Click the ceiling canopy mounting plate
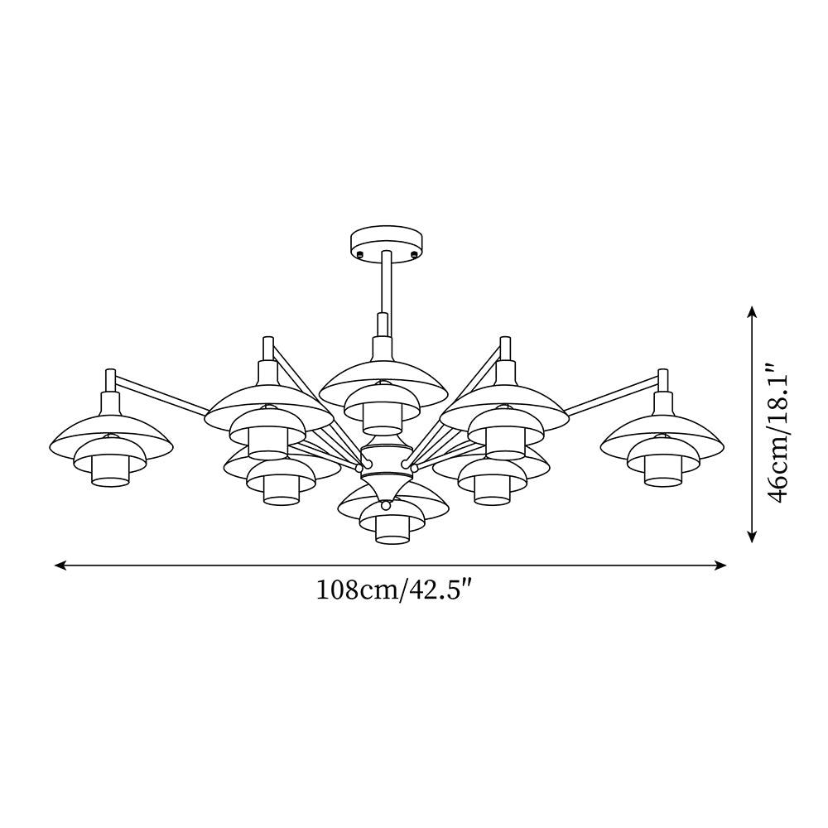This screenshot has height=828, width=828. pyautogui.click(x=387, y=243)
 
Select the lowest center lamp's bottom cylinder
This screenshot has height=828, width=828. pyautogui.click(x=392, y=531)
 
